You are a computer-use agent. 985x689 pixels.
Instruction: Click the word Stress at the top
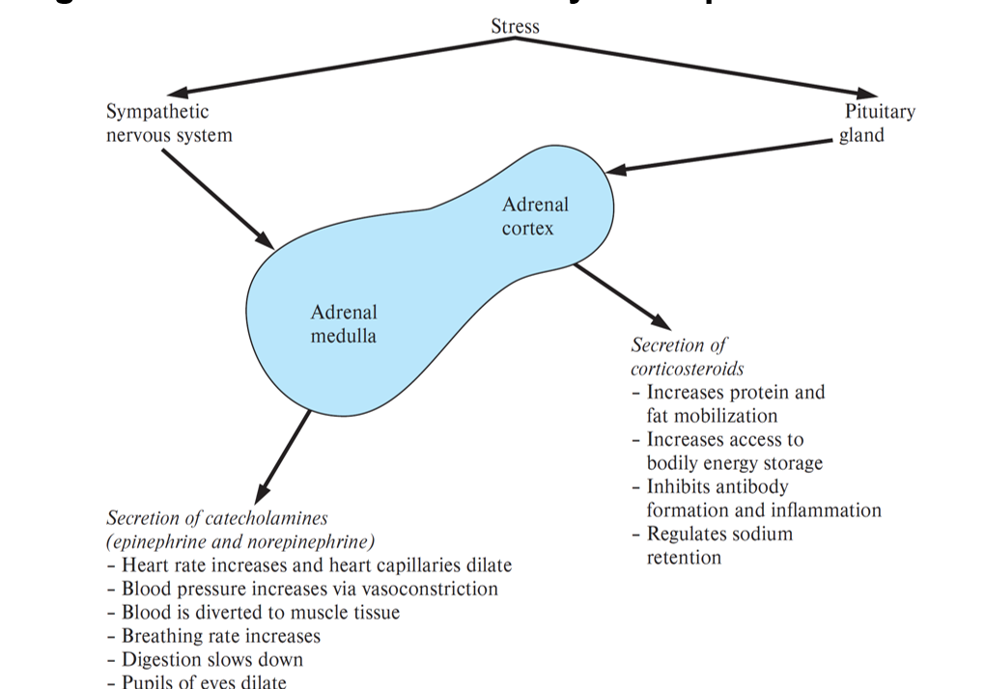(515, 26)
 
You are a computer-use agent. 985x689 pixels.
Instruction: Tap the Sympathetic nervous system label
(169, 124)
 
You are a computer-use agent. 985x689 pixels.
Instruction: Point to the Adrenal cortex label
(535, 216)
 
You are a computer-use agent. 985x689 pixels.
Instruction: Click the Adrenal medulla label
(343, 324)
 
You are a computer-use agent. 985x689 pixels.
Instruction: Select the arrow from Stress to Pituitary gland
(676, 68)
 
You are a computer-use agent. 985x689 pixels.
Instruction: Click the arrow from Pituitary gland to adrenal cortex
(719, 157)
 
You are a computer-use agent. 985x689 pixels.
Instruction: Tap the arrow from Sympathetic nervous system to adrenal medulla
(217, 198)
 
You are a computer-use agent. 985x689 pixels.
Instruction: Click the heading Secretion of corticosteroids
(687, 356)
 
